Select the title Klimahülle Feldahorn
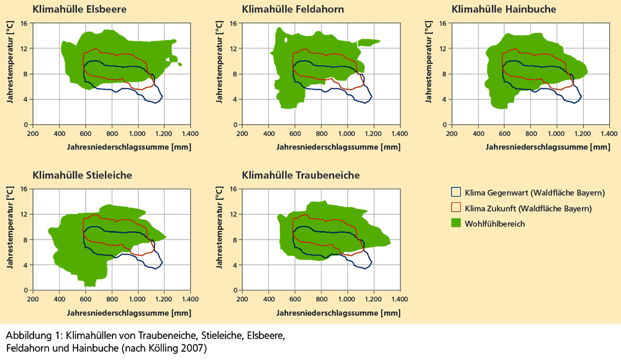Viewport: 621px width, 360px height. point(292,9)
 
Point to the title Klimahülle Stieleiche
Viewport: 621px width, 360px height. point(82,176)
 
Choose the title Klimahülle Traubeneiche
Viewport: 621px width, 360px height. point(301,176)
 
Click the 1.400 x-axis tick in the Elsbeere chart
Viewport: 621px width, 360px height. point(190,133)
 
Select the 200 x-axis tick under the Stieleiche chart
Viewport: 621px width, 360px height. point(33,299)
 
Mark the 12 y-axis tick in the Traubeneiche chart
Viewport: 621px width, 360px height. point(233,215)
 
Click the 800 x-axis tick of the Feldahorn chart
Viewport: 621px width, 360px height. point(322,133)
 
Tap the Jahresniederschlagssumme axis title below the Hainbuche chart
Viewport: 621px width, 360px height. point(539,147)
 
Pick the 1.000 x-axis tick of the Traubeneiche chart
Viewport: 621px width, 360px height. point(347,299)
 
